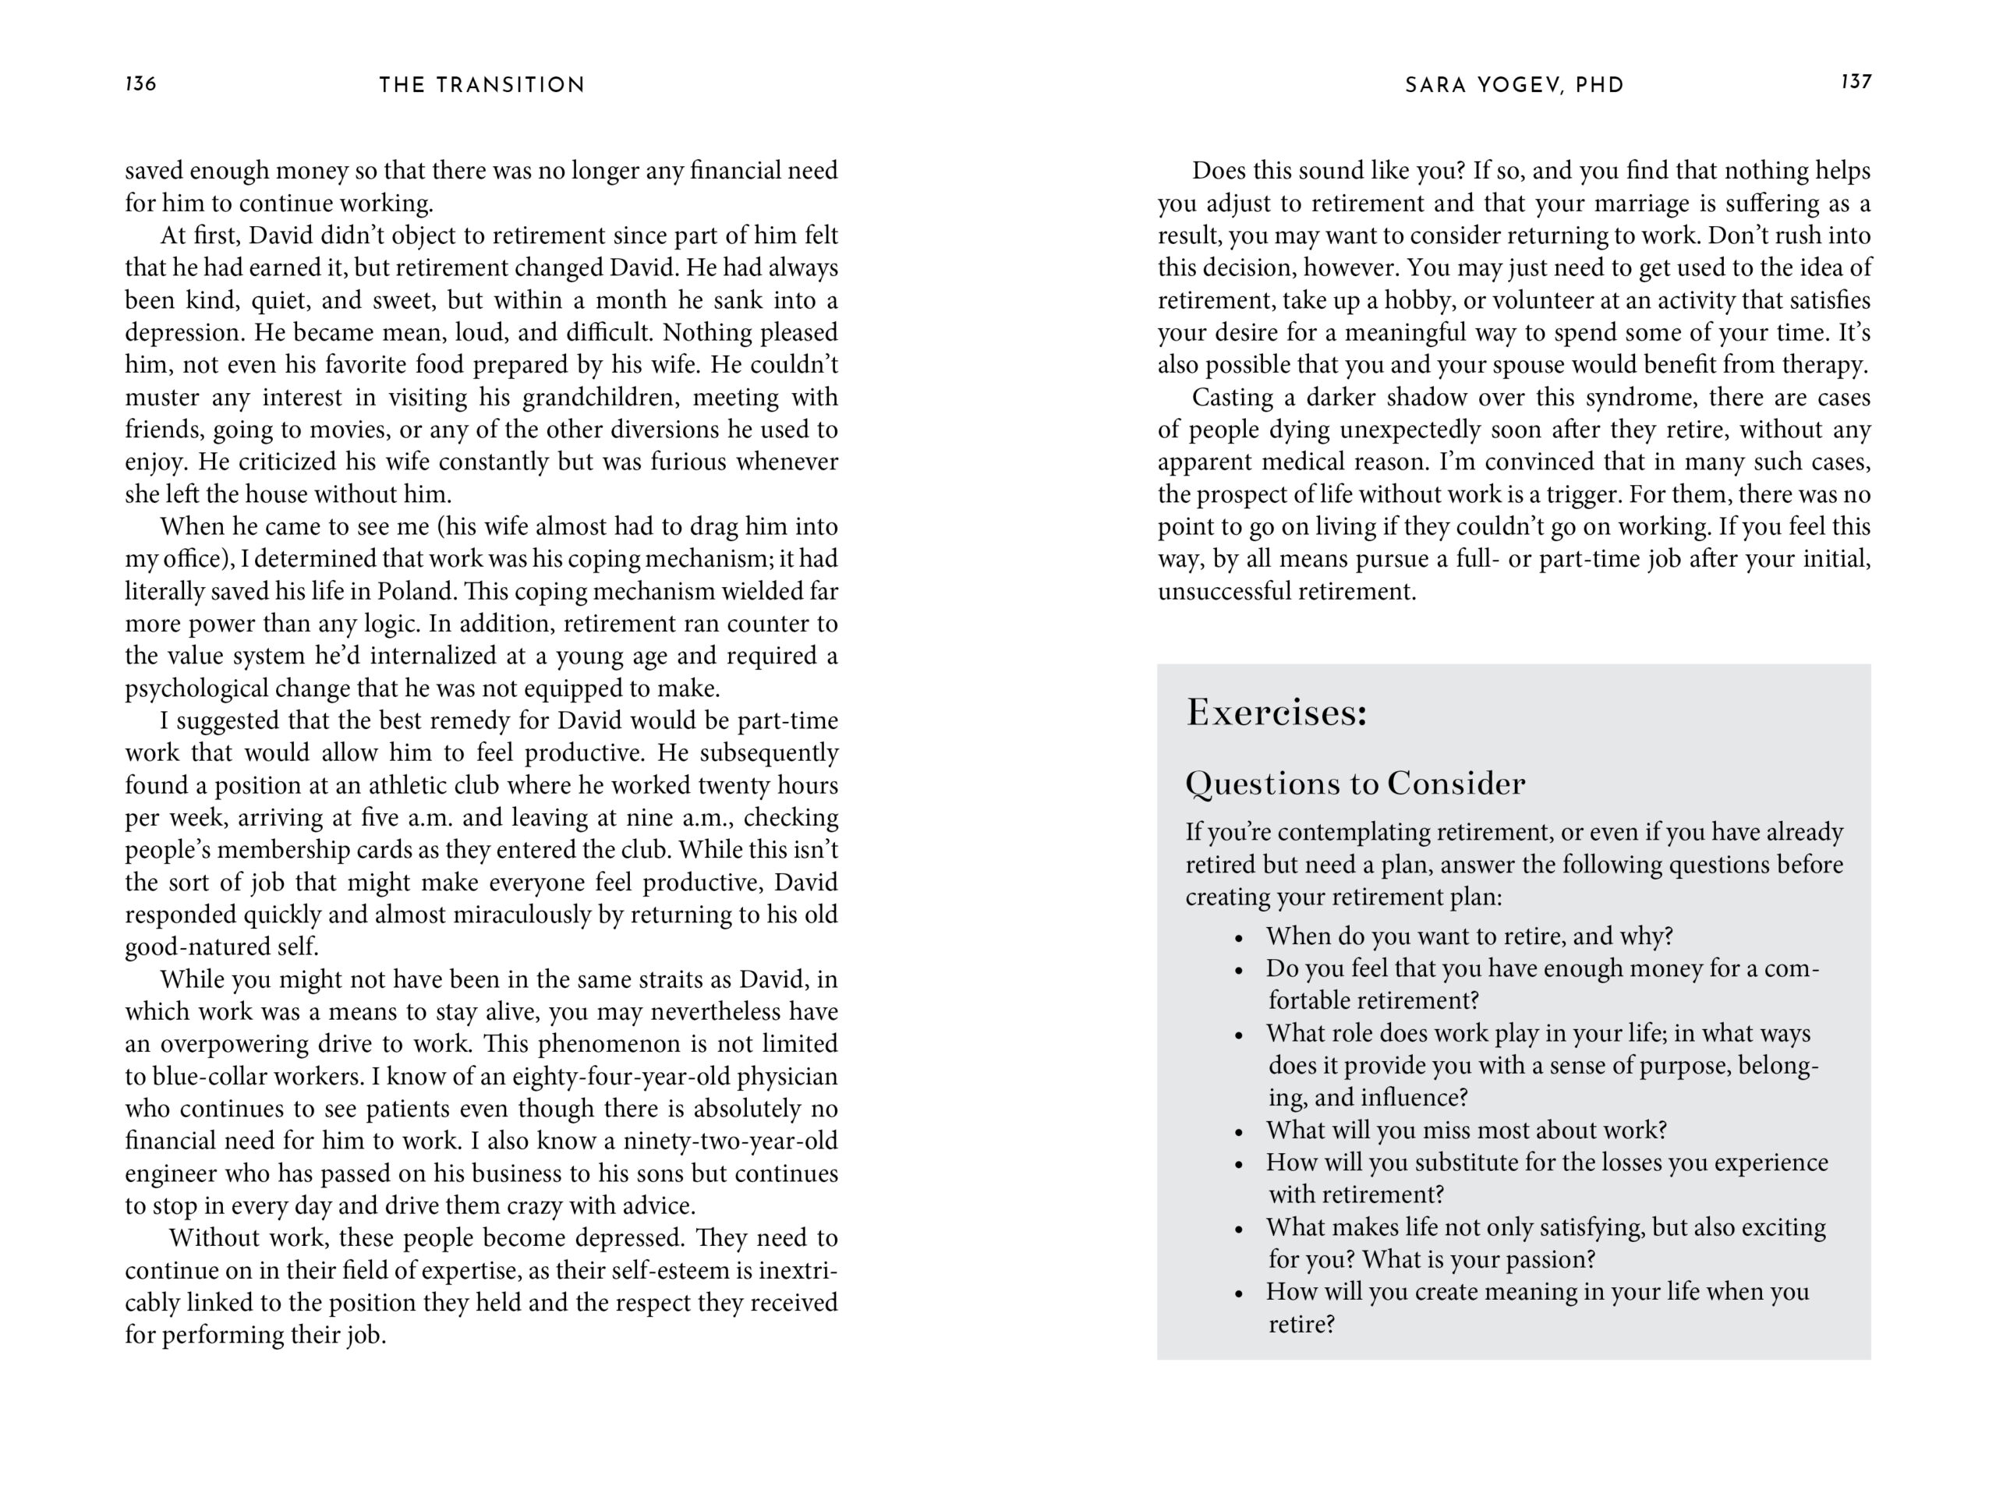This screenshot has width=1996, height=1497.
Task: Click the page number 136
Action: tap(141, 84)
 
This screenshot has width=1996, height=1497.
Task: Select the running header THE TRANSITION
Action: tap(482, 85)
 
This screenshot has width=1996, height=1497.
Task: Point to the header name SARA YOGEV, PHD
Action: tap(1514, 85)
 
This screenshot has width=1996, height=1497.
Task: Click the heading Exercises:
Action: tap(1277, 713)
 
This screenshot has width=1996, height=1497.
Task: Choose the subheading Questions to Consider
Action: tap(1355, 784)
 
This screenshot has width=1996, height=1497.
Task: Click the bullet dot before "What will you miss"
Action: tap(1239, 1132)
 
